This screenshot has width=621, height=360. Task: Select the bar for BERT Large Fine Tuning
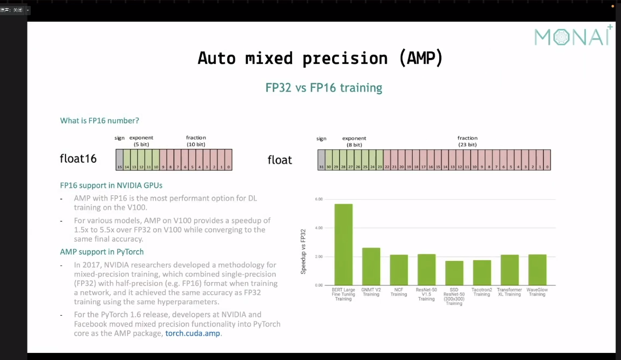pos(343,244)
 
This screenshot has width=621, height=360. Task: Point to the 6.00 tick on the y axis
pos(319,199)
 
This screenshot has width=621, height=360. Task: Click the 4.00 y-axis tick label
pos(319,228)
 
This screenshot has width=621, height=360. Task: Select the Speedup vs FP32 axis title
pos(303,251)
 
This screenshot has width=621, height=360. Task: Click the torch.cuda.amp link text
pos(193,333)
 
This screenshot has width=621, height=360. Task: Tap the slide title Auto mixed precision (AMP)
pos(320,58)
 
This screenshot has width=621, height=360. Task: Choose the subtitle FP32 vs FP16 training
pos(323,88)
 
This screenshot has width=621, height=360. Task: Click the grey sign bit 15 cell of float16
pos(120,160)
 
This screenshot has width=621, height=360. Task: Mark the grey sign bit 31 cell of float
pos(321,160)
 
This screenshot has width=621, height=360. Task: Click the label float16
pos(78,159)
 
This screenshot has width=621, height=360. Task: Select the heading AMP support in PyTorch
pos(102,252)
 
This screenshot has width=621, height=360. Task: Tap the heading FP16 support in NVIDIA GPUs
pos(111,185)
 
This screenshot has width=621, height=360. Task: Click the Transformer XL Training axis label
pos(509,292)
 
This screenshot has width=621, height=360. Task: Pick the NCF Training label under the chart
pos(399,292)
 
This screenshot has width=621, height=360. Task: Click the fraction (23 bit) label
pos(467,141)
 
